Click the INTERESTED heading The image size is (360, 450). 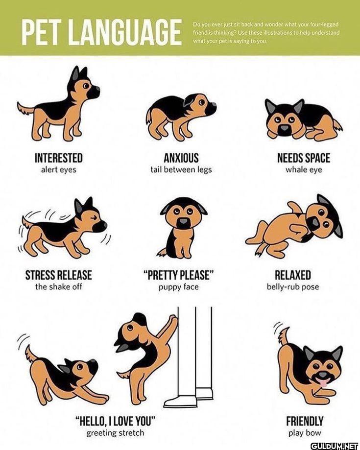[59, 158]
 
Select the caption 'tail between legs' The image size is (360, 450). [181, 169]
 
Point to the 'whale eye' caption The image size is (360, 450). [304, 170]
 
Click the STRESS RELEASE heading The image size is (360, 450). [59, 275]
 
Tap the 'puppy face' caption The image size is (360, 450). [179, 287]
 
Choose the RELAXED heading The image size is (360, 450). [293, 275]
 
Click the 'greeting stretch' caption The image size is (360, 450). [115, 432]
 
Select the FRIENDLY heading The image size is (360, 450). [305, 421]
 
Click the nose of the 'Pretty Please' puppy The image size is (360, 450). [183, 221]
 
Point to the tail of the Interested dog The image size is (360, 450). [26, 108]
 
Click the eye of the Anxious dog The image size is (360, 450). [202, 102]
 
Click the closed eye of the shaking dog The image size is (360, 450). [94, 217]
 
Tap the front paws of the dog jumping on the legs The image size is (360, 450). [173, 320]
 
